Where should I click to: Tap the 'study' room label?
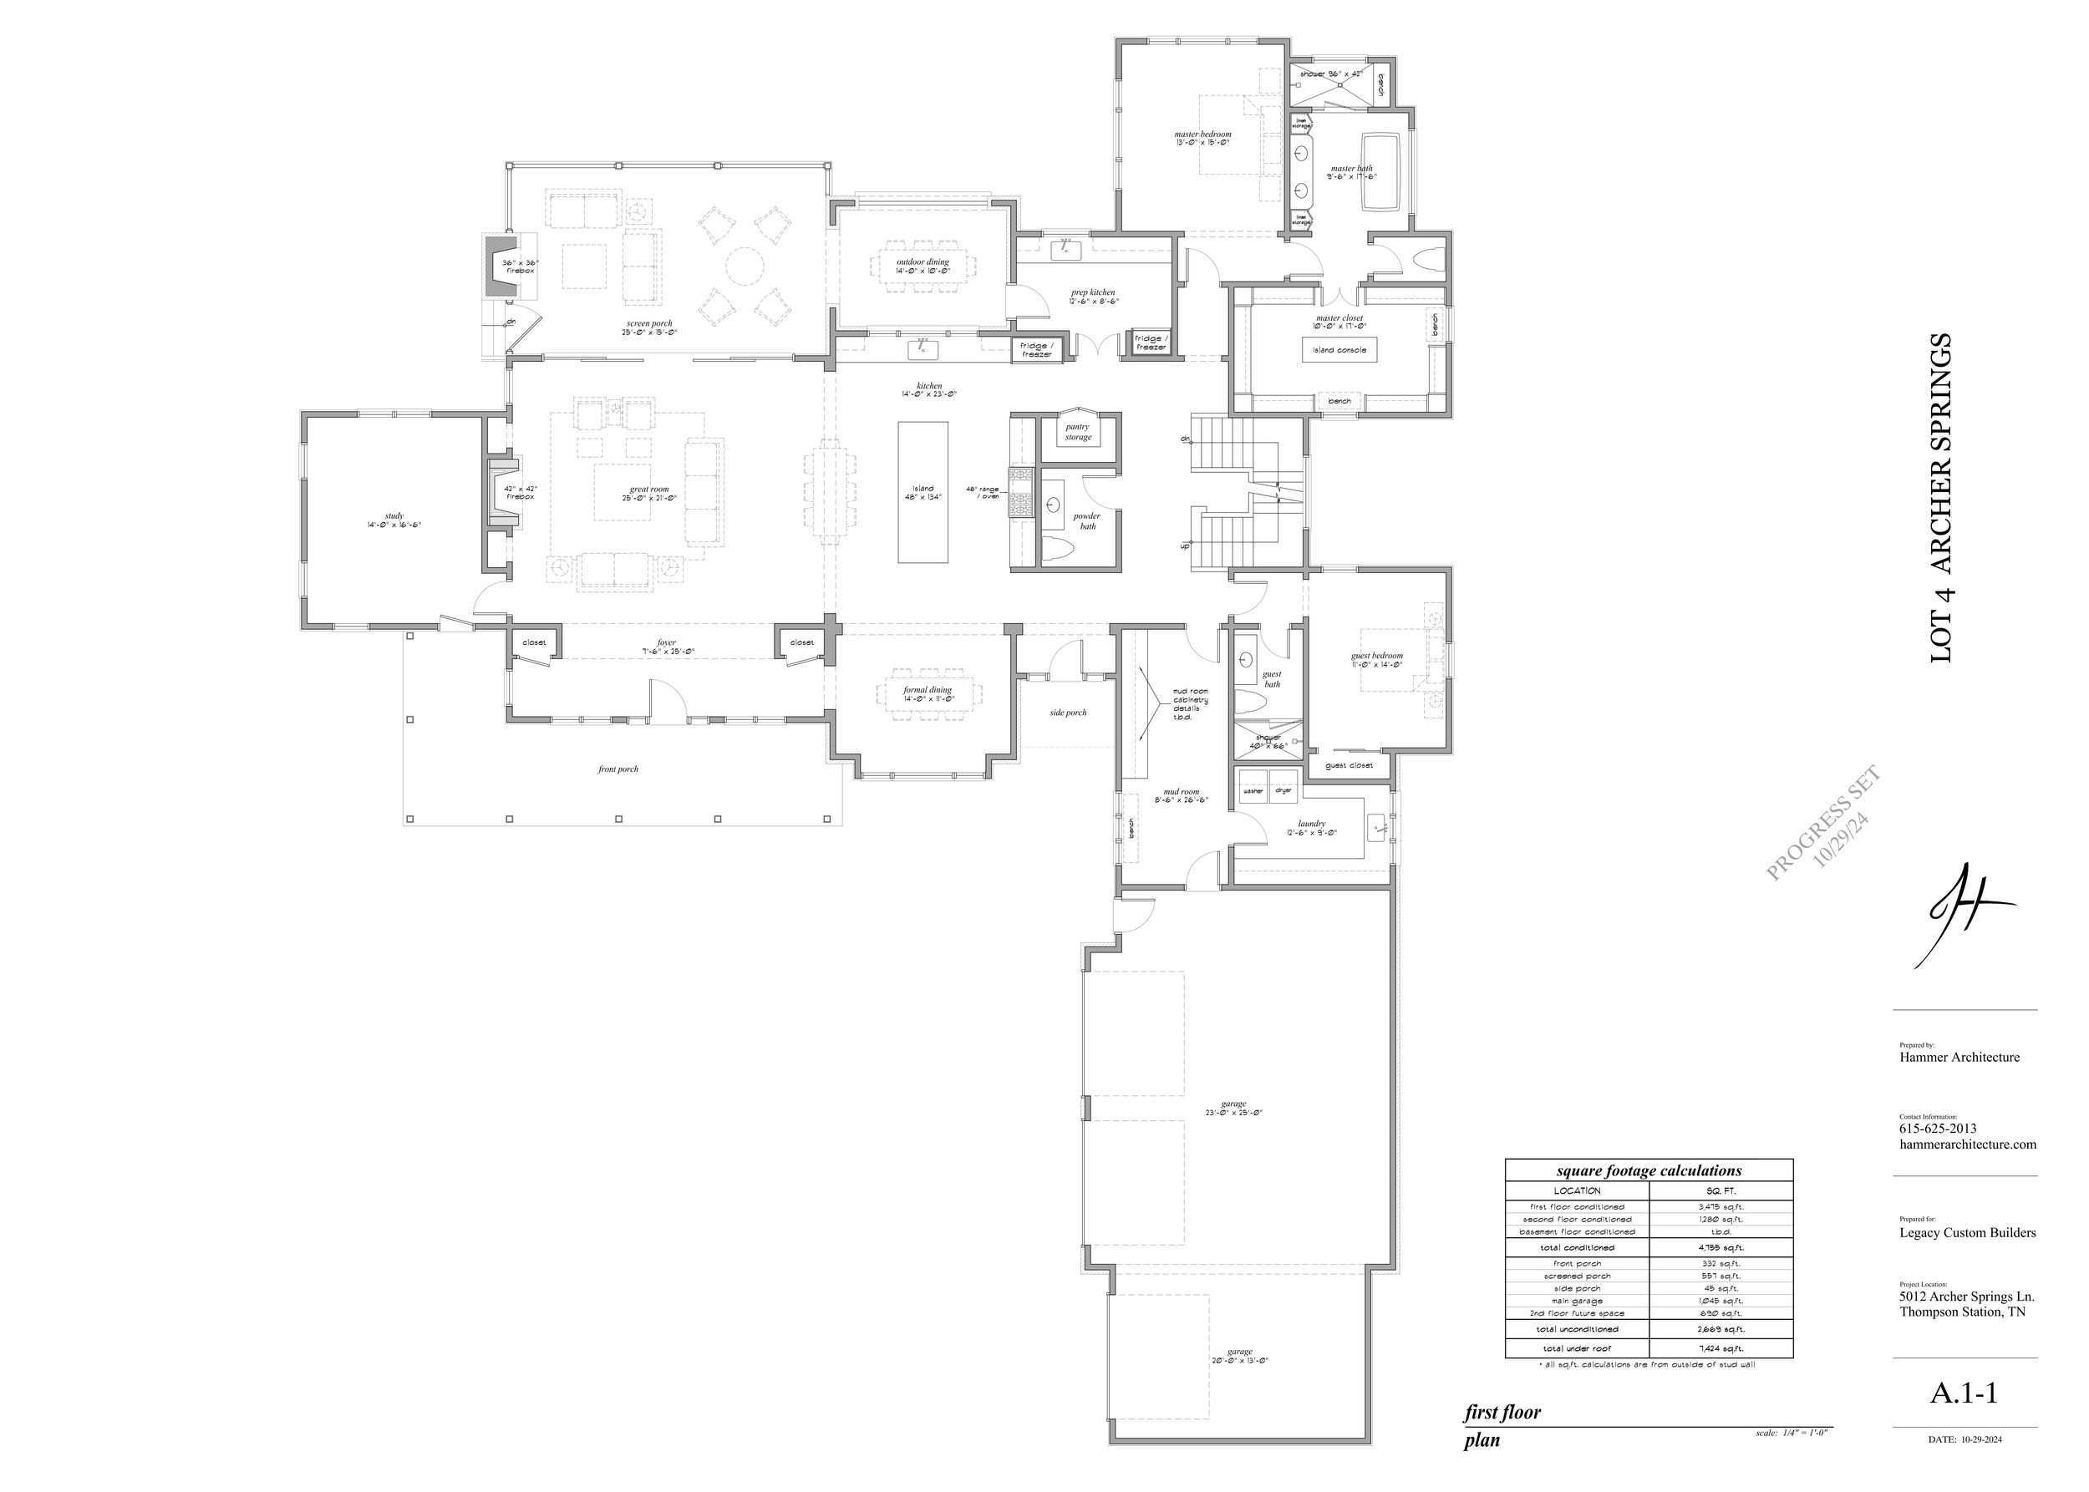(394, 520)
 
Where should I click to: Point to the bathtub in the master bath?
(1380, 172)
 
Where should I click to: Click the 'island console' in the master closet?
(1339, 350)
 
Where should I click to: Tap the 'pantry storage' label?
(1078, 432)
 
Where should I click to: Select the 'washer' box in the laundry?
(1253, 790)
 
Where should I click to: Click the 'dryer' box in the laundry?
(1283, 790)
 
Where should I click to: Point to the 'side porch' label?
(1068, 713)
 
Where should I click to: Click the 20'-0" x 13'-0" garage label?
(1239, 1356)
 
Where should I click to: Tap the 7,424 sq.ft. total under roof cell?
(1721, 1348)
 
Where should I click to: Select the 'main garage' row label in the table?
(1577, 1301)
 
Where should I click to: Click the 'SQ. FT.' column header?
(1721, 1190)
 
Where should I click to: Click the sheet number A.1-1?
(1963, 1393)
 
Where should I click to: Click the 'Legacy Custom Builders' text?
(1967, 1233)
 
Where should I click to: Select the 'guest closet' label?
(1349, 765)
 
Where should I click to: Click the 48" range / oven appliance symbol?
(1021, 494)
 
